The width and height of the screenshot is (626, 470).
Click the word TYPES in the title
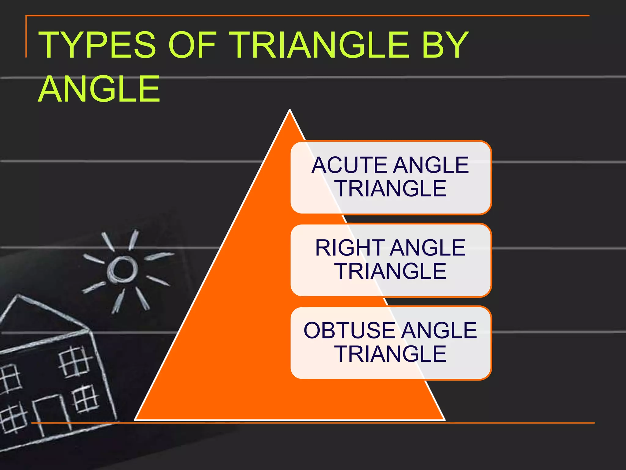click(x=97, y=45)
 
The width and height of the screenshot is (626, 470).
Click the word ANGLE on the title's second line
click(x=99, y=89)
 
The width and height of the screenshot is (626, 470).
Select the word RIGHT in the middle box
click(x=350, y=248)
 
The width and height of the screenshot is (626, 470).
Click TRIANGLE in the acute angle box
click(x=390, y=188)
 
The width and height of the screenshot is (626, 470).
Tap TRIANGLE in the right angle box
click(x=390, y=271)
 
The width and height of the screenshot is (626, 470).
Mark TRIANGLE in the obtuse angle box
click(x=390, y=354)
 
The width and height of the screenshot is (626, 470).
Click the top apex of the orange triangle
click(x=289, y=111)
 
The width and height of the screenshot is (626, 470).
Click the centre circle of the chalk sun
click(x=123, y=269)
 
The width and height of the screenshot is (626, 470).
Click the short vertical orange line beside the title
click(x=26, y=37)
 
